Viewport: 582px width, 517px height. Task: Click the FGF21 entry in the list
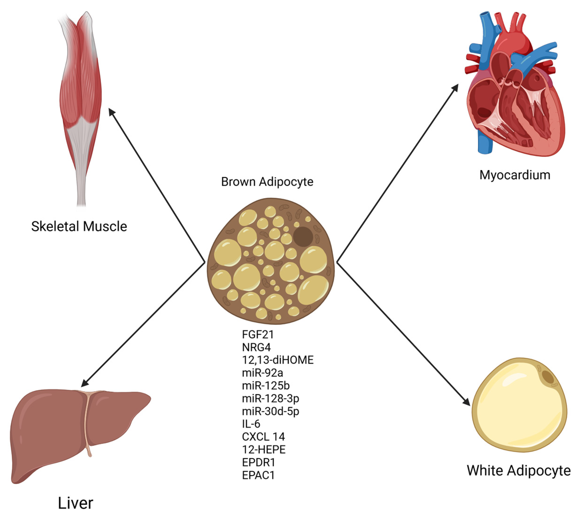(x=258, y=334)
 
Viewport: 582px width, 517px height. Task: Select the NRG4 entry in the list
(x=256, y=347)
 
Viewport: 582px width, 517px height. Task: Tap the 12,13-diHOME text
(x=278, y=360)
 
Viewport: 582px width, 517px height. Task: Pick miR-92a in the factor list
(x=262, y=373)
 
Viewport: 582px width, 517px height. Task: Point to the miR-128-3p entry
(x=271, y=398)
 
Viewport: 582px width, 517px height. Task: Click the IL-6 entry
(x=251, y=424)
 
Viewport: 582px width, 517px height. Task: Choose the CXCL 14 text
(x=263, y=437)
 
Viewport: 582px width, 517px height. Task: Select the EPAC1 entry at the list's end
(x=258, y=475)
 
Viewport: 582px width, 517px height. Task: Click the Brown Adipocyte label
(x=267, y=182)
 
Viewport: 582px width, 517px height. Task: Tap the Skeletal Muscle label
(x=79, y=226)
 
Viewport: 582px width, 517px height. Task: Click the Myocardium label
(x=515, y=175)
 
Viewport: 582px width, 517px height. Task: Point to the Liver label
(x=75, y=503)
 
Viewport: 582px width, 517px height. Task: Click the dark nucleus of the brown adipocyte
(x=303, y=237)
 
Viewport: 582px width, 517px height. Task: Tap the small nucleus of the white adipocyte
(x=548, y=377)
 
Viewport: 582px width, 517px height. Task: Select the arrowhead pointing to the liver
(x=85, y=383)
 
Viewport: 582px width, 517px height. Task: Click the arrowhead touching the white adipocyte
(x=466, y=402)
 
